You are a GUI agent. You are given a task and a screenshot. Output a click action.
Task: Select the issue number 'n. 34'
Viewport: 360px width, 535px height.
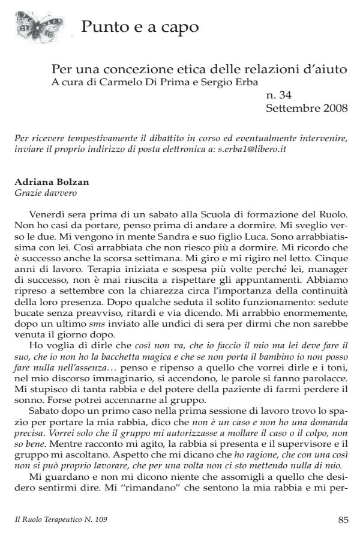(x=278, y=94)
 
